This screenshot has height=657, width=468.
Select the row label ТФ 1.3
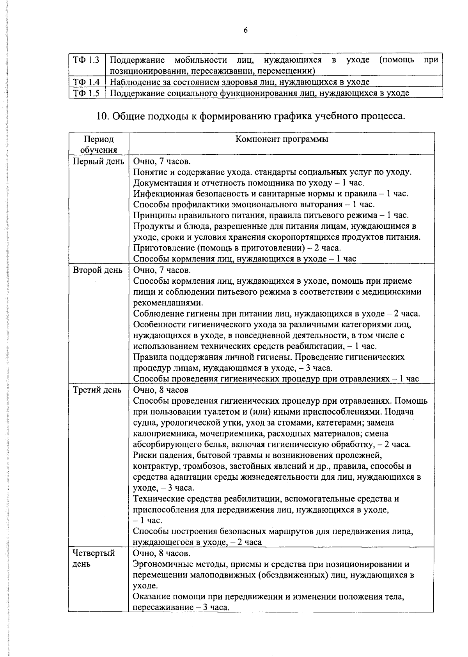point(86,60)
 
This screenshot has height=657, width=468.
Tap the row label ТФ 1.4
point(86,82)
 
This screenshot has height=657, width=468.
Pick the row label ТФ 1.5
point(86,93)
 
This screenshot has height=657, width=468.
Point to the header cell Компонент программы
point(282,140)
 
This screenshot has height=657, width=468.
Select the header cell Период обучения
point(99,145)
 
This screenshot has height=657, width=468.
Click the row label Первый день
point(99,161)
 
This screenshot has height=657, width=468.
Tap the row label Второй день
point(98,270)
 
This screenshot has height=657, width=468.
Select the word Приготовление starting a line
point(163,248)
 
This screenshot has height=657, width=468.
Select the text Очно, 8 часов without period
point(161,390)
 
